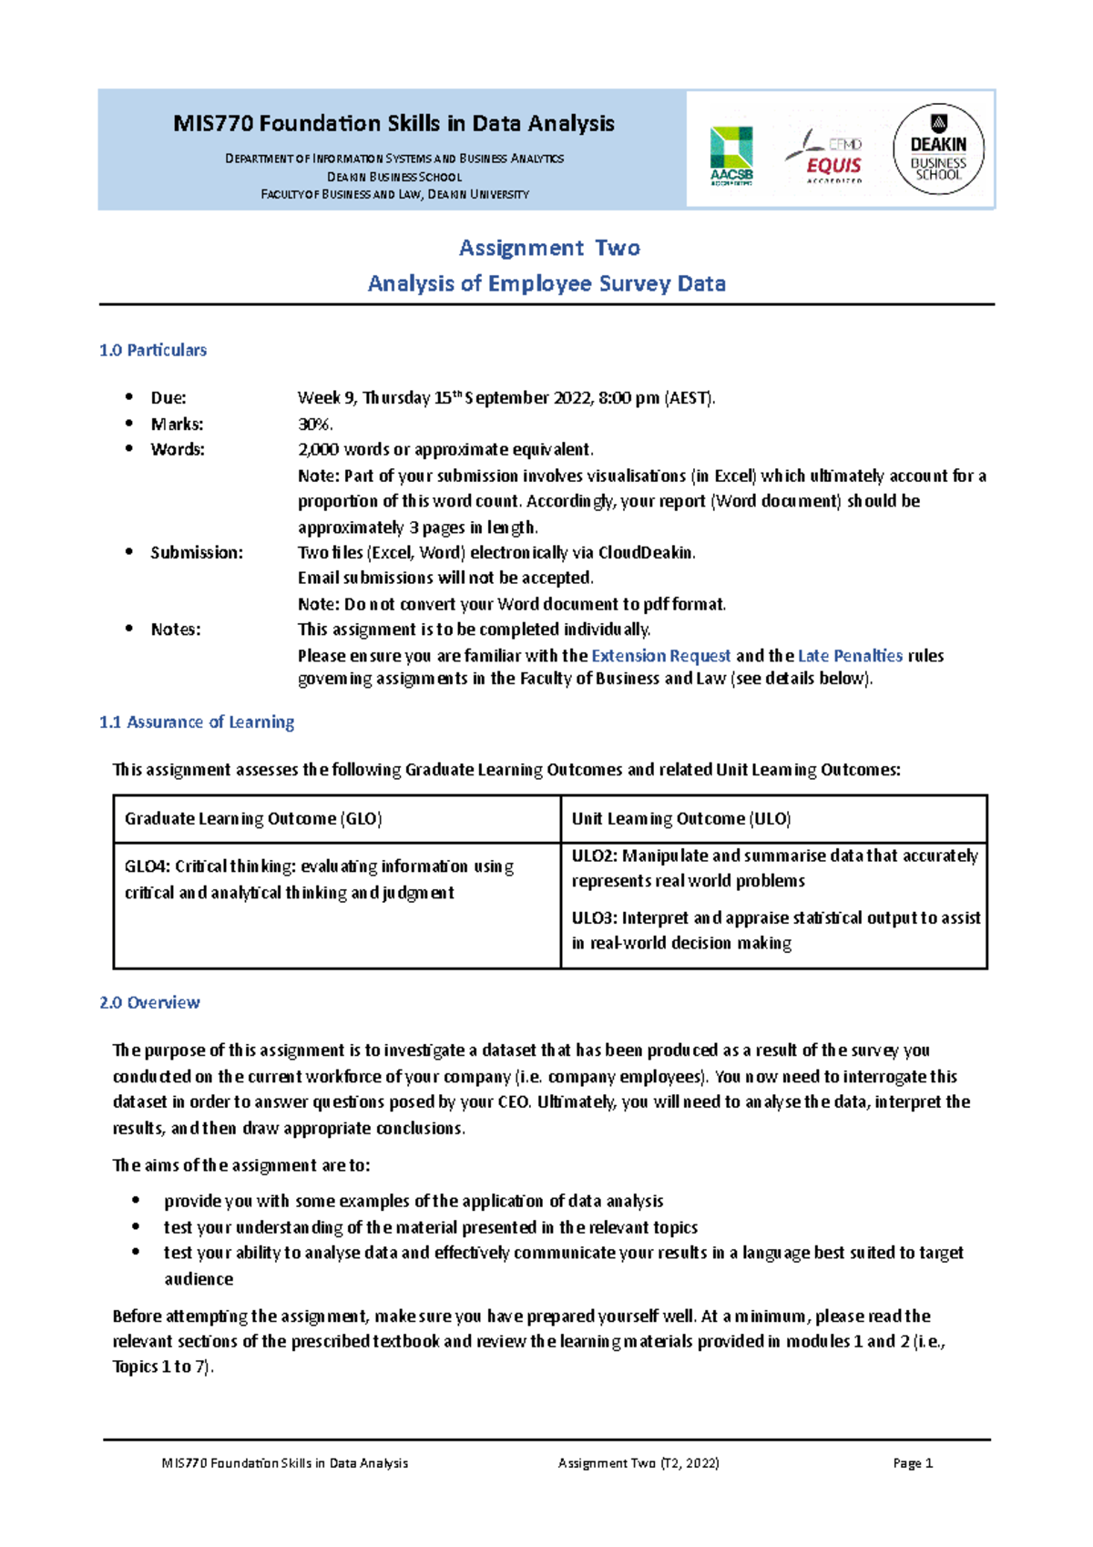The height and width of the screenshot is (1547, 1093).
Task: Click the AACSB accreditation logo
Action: click(731, 155)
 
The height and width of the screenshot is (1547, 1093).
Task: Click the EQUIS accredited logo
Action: click(825, 156)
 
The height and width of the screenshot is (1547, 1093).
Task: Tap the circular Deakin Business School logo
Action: click(938, 149)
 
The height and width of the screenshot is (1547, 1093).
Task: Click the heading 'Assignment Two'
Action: click(549, 248)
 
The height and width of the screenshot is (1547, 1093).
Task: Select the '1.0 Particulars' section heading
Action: click(153, 350)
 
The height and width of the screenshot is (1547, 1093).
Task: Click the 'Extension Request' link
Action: click(661, 655)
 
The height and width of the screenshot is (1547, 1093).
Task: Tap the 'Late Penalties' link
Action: click(850, 655)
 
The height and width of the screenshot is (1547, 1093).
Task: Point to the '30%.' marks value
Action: click(315, 424)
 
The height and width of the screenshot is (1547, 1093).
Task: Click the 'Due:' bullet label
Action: click(169, 397)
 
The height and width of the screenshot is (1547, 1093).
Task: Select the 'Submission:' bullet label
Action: click(197, 552)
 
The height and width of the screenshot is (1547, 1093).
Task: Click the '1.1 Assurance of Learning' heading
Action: click(197, 722)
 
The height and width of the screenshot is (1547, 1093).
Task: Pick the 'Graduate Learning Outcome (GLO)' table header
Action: click(253, 818)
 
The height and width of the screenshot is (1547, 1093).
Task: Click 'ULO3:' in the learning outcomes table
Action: click(594, 917)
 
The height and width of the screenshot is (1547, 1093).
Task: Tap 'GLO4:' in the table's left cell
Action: click(146, 866)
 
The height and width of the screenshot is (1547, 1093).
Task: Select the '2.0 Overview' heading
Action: click(149, 1002)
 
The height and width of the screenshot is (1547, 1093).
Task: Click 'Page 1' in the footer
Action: click(913, 1463)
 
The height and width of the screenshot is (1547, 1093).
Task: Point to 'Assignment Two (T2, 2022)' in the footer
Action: click(638, 1463)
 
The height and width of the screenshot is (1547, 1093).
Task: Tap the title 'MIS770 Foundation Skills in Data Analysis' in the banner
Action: click(393, 123)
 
